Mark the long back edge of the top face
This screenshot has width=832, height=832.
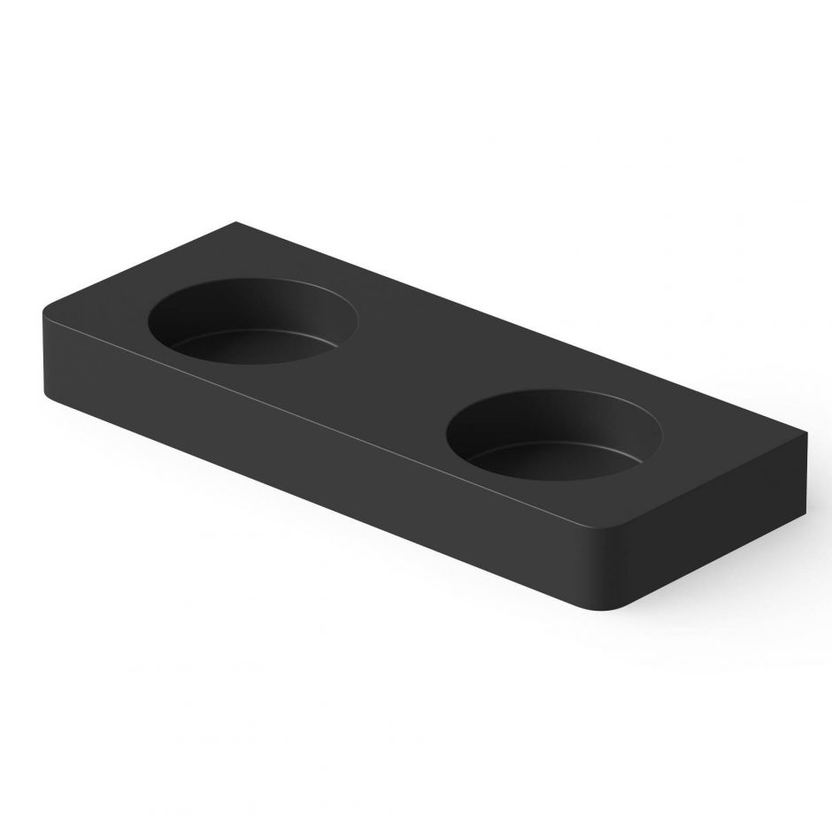[x=522, y=327]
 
